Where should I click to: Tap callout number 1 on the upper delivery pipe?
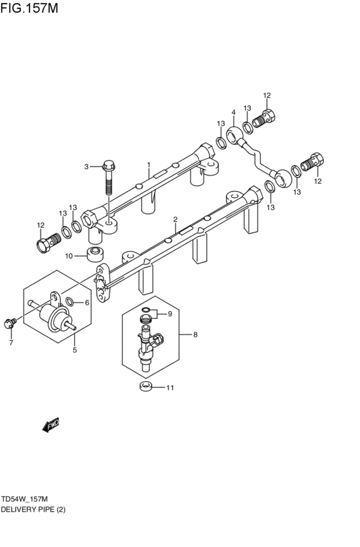[x=148, y=165]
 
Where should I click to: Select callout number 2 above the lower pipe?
[x=175, y=219]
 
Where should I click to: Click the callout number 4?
[x=233, y=112]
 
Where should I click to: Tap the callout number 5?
[x=74, y=350]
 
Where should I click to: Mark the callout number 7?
[x=11, y=343]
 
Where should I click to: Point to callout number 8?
[x=195, y=334]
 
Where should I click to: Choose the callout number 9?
[x=170, y=314]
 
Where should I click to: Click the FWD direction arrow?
[x=51, y=425]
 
